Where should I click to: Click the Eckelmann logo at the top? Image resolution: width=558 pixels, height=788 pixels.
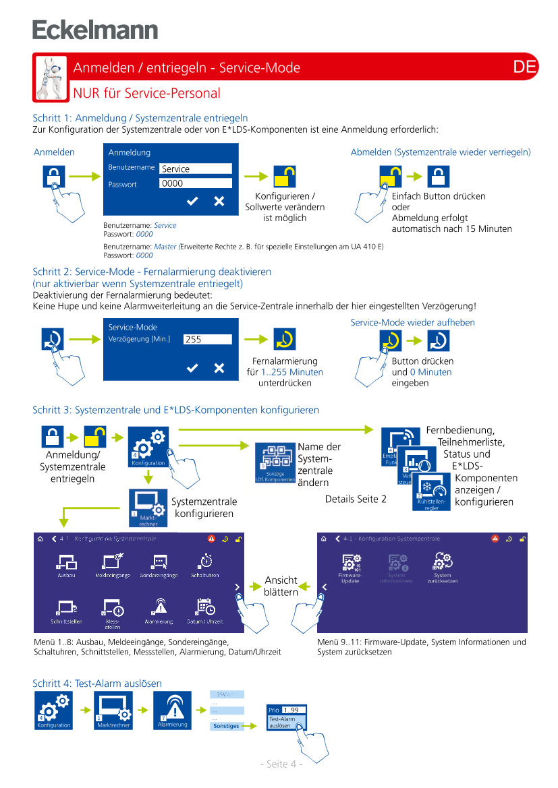[x=95, y=30]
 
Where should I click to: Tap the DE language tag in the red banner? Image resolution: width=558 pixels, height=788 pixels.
[x=524, y=67]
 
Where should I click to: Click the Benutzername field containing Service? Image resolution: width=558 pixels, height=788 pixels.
[x=196, y=169]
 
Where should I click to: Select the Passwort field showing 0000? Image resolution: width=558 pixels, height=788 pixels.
[x=196, y=183]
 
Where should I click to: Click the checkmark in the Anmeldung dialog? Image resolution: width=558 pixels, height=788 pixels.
[x=192, y=201]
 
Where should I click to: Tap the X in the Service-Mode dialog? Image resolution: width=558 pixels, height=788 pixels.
[x=219, y=367]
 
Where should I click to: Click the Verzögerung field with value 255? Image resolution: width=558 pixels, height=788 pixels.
[x=207, y=340]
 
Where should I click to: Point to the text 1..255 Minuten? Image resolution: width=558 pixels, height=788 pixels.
[x=292, y=372]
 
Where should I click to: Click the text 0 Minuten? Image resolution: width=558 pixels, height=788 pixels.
[x=430, y=372]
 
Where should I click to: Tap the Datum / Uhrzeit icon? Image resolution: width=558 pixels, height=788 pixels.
[x=205, y=610]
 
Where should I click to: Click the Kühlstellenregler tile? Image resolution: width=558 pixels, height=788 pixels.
[x=432, y=490]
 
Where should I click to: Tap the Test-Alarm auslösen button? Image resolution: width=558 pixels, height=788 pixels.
[x=285, y=723]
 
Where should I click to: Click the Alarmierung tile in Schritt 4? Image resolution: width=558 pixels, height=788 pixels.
[x=173, y=710]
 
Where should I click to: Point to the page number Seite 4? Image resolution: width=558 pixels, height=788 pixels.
[x=281, y=764]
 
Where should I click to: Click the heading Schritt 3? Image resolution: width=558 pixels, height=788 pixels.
[x=175, y=410]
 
